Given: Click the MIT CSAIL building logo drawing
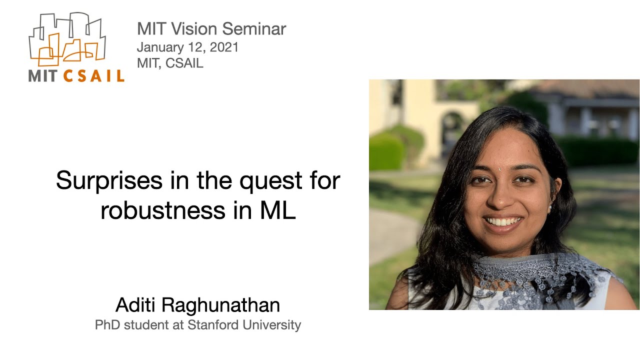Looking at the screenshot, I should click(x=67, y=40).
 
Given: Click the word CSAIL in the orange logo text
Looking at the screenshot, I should click(x=94, y=76).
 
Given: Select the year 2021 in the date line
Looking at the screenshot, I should click(x=224, y=47).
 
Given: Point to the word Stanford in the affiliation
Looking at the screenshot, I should click(x=214, y=325).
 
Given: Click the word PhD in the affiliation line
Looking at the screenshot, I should click(x=107, y=325).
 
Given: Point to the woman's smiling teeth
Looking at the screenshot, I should click(x=503, y=220).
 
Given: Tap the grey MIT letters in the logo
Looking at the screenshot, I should click(x=44, y=76).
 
